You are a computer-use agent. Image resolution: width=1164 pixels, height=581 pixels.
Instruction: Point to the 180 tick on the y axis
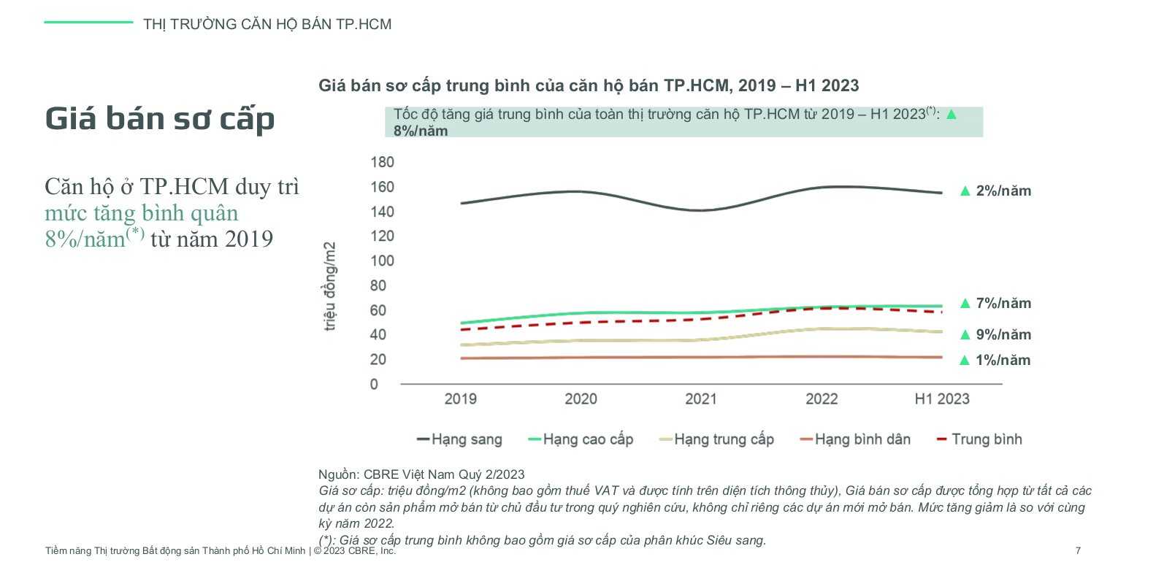(382, 162)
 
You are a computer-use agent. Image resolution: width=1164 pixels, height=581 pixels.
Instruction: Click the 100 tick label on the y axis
(382, 261)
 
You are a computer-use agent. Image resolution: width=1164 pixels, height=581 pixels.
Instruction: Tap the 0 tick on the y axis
(375, 384)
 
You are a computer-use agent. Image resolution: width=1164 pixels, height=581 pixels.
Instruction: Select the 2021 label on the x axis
(701, 399)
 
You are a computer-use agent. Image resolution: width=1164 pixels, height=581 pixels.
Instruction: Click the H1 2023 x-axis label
(942, 399)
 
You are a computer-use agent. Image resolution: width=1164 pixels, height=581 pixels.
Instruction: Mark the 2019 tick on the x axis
(460, 399)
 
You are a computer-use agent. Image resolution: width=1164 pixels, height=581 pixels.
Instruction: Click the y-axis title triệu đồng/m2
(330, 286)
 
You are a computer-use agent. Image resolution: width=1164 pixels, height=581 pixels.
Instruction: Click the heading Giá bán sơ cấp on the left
(160, 119)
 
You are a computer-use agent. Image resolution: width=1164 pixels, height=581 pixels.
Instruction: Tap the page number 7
(1078, 551)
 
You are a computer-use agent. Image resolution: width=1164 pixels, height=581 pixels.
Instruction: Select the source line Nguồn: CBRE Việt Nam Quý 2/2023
(421, 474)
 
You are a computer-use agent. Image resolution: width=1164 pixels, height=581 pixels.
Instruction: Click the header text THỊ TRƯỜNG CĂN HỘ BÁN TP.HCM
(267, 24)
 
